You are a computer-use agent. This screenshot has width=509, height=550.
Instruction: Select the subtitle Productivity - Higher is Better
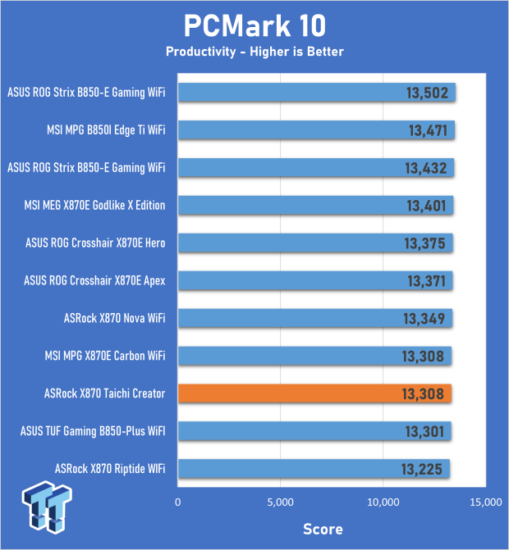(x=254, y=52)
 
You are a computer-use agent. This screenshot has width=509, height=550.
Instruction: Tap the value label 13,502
(x=427, y=93)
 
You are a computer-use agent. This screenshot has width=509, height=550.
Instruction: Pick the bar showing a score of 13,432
(x=315, y=168)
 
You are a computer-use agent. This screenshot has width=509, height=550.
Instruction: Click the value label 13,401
(x=425, y=206)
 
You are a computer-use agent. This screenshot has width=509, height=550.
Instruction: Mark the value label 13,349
(x=424, y=319)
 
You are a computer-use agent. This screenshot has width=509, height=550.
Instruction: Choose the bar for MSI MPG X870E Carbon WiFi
(x=314, y=356)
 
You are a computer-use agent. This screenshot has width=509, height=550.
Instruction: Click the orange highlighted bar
(x=314, y=393)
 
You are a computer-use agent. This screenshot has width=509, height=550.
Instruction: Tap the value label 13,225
(x=422, y=470)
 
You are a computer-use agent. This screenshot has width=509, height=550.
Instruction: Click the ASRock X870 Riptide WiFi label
(x=110, y=469)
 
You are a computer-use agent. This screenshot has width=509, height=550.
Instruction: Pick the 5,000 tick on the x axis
(x=281, y=502)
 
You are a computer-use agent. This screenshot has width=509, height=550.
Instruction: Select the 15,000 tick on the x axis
(x=484, y=502)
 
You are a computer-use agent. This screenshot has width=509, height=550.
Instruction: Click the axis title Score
(x=323, y=529)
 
